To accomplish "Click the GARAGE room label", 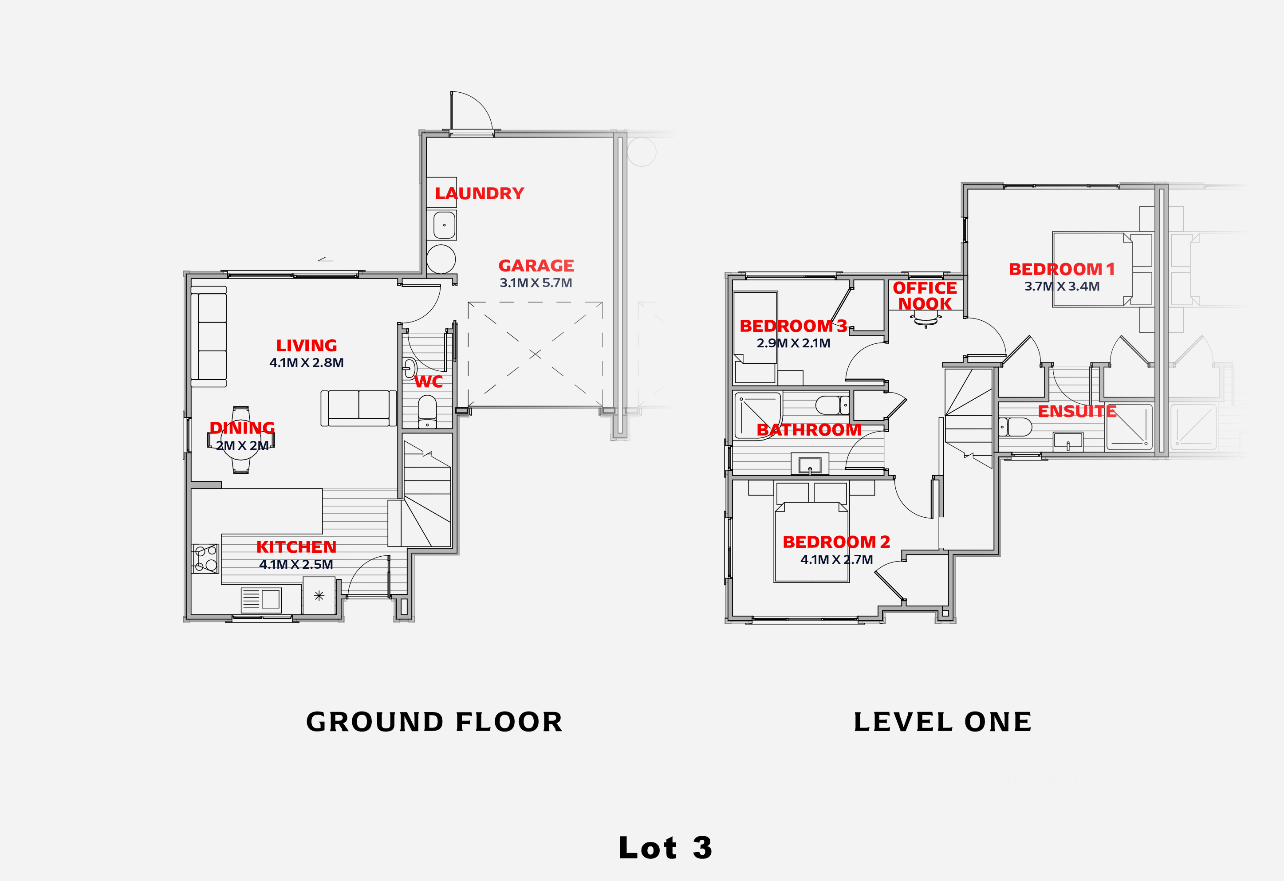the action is click(536, 266).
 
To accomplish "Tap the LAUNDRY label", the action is click(479, 193).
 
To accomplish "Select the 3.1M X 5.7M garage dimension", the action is click(536, 283).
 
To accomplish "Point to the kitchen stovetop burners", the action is click(205, 558).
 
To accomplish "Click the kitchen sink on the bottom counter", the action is click(261, 599).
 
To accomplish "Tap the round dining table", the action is click(241, 440).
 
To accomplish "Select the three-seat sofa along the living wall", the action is click(209, 336).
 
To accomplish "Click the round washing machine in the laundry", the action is click(441, 259).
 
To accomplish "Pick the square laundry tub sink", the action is click(444, 225).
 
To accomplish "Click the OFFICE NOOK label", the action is click(925, 295).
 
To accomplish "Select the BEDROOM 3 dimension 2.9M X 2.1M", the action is click(793, 343).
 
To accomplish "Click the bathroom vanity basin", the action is click(810, 464).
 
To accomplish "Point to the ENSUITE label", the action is click(1077, 412).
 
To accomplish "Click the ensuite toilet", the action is click(1015, 427).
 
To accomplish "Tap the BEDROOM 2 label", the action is click(836, 542).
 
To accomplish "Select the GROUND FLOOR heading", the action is click(434, 722).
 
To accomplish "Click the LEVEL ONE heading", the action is click(942, 722).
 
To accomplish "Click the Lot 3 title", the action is click(665, 848).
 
